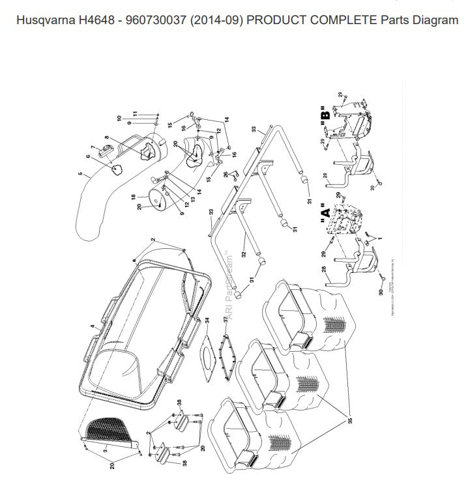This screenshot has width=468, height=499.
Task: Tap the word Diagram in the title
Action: [x=437, y=20]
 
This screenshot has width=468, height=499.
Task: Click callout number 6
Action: [x=87, y=156]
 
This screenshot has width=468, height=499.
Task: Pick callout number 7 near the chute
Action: [x=93, y=147]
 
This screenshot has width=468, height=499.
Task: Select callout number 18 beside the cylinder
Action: [x=132, y=196]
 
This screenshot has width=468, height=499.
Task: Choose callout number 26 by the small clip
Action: [x=226, y=175]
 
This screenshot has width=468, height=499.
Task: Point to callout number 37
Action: [x=226, y=320]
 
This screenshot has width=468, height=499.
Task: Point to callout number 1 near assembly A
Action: [x=380, y=239]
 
